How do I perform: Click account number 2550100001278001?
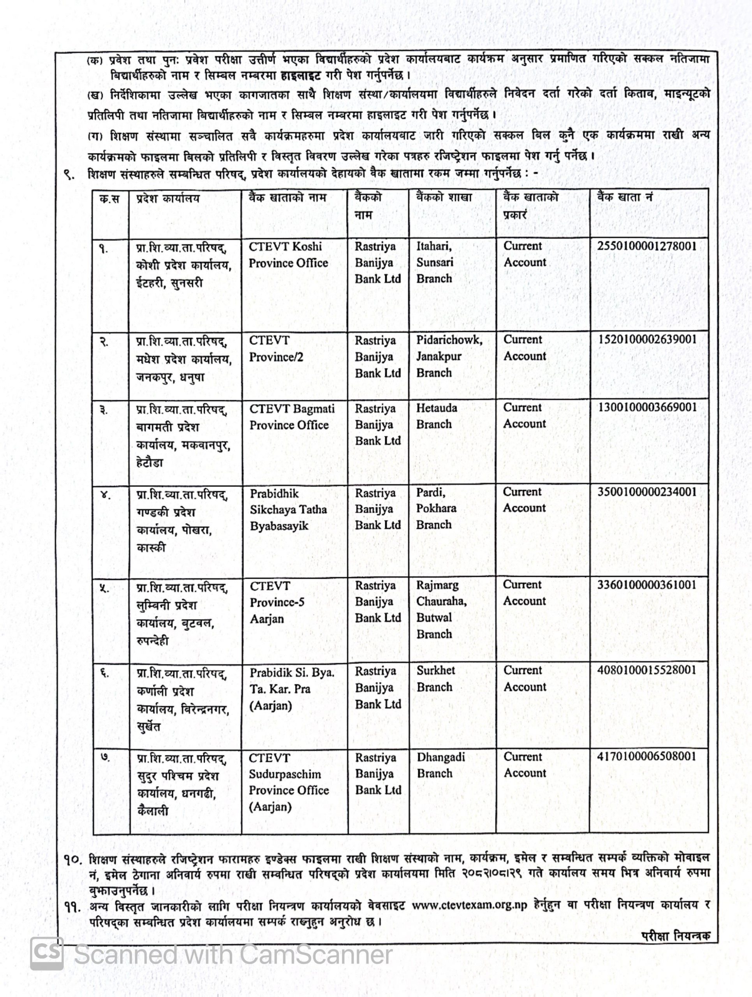pos(646,246)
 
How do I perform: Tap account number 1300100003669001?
pos(646,407)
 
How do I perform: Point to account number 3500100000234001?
pos(646,492)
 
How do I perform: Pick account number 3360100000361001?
pos(646,585)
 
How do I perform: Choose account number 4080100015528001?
pos(646,670)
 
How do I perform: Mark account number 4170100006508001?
pos(646,756)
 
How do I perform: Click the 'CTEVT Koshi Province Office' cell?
pos(288,255)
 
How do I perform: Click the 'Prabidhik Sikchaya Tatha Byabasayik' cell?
pos(288,509)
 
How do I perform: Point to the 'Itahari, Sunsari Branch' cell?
pos(435,262)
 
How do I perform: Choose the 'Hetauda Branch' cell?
pos(437,416)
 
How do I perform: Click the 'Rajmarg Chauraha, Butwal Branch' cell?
pos(441,609)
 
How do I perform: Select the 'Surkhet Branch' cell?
pos(436,679)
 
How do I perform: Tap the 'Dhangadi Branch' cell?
pos(440,765)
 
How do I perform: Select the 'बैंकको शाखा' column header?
pos(444,197)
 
